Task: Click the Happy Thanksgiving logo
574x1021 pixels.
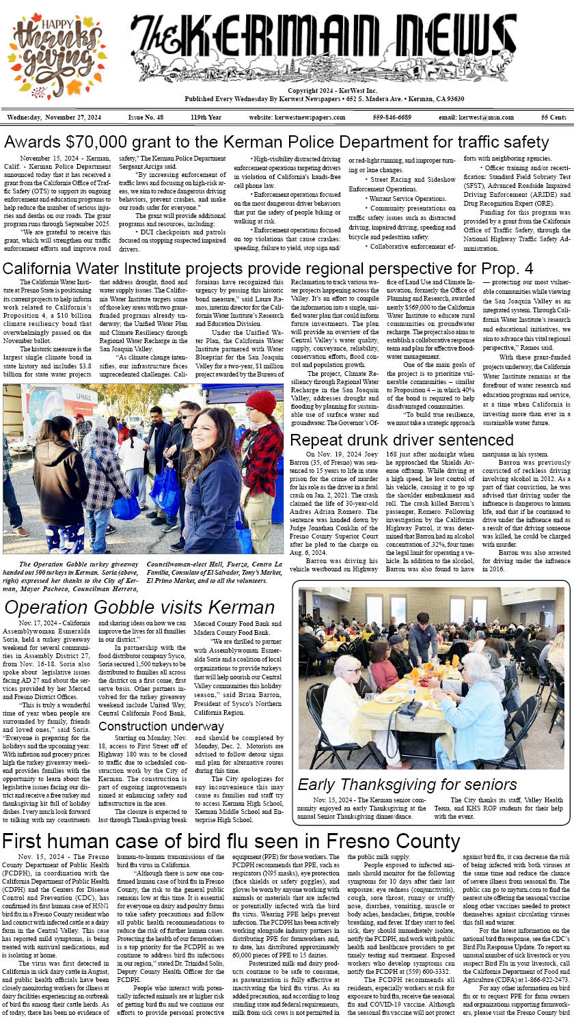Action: coord(58,56)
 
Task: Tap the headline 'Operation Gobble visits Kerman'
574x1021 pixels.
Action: coord(139,607)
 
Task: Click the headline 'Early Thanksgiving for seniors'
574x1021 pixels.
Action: coord(407,785)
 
